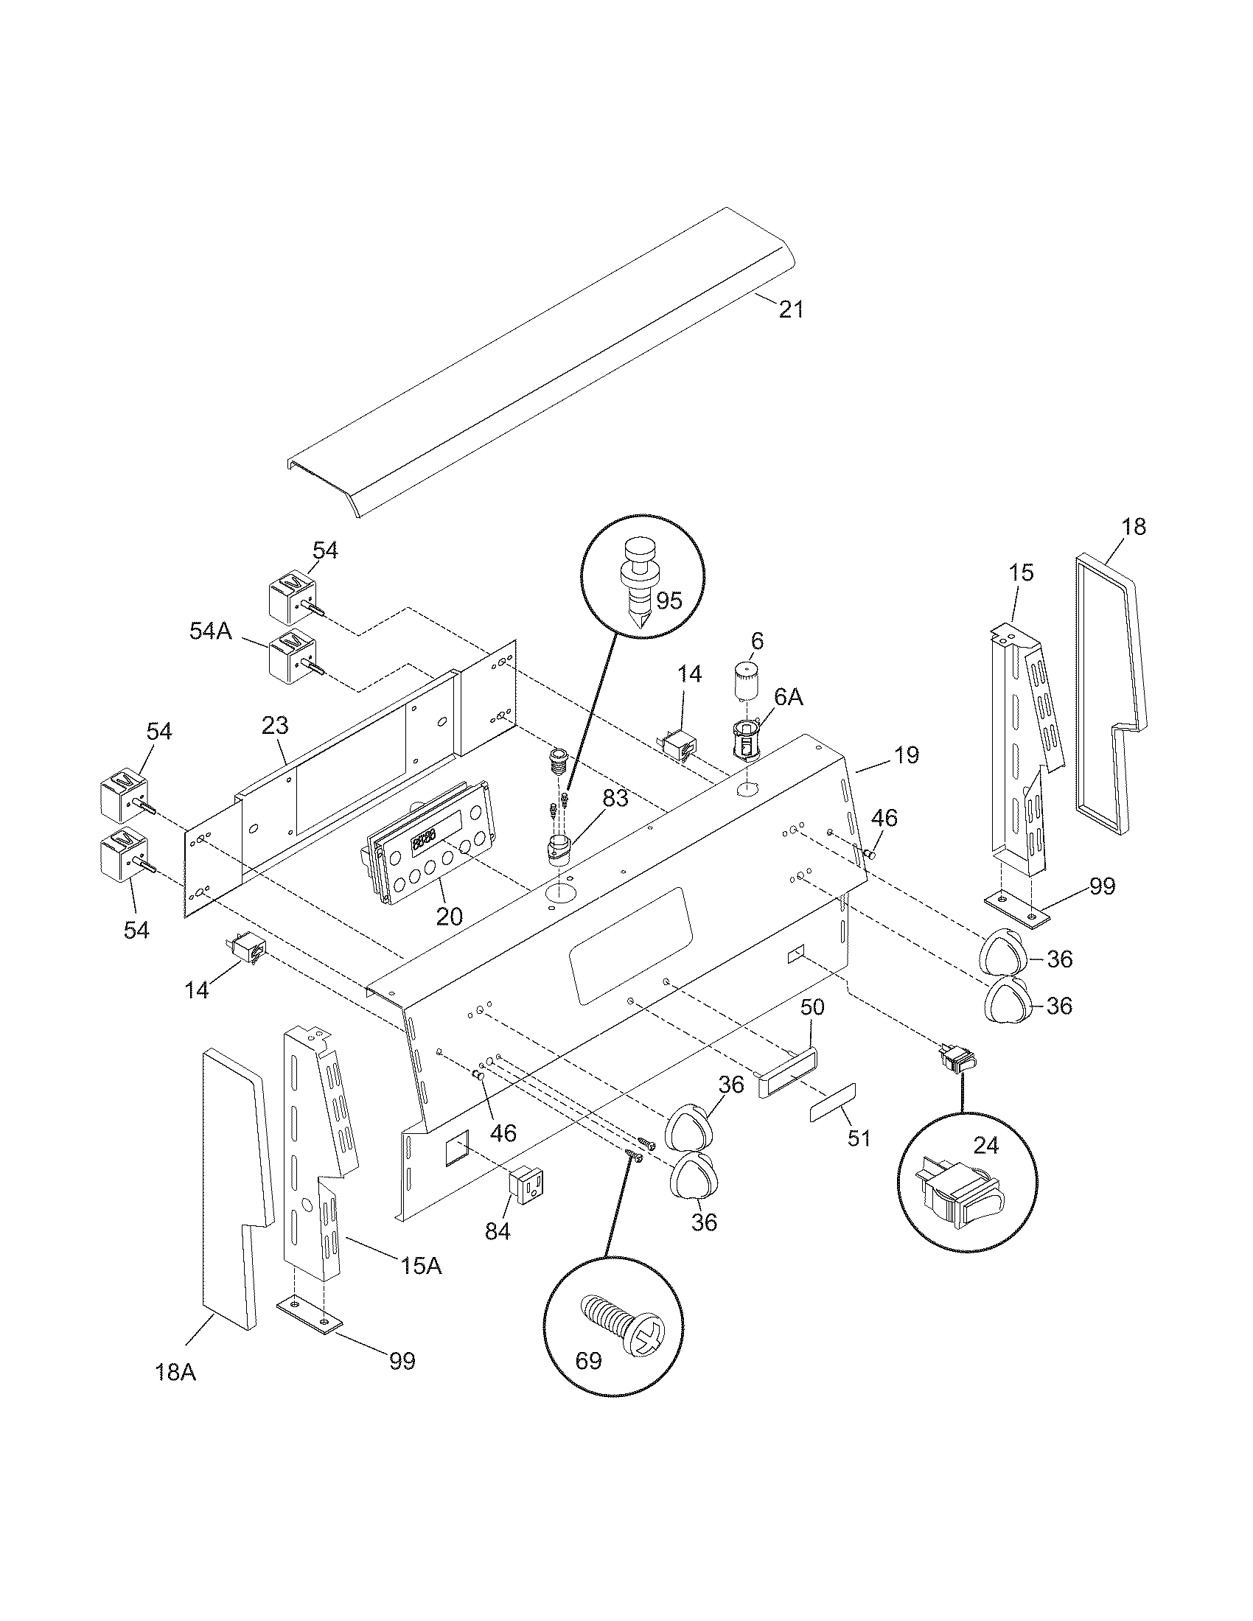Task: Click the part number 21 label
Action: click(791, 309)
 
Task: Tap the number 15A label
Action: click(421, 1265)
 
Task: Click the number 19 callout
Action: click(906, 755)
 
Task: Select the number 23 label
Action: click(275, 725)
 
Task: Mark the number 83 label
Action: click(615, 799)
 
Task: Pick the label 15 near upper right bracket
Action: click(1021, 573)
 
